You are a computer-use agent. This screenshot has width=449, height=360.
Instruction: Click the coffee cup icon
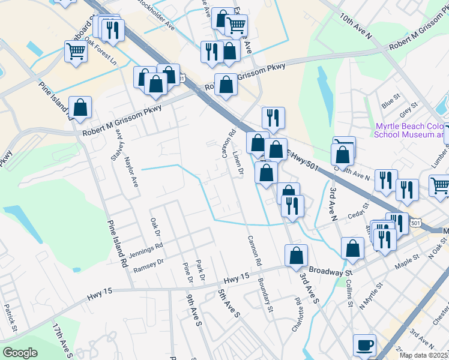(x=364, y=346)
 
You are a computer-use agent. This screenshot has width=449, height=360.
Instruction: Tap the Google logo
(x=20, y=353)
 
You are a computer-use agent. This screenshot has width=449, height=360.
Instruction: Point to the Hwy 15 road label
(x=236, y=279)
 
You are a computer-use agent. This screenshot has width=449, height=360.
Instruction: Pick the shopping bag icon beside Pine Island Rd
(x=80, y=108)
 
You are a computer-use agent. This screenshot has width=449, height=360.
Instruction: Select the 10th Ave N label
(x=356, y=27)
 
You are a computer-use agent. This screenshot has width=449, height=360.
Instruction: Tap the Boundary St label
(x=265, y=296)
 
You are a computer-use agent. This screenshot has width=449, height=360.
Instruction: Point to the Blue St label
(x=394, y=97)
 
